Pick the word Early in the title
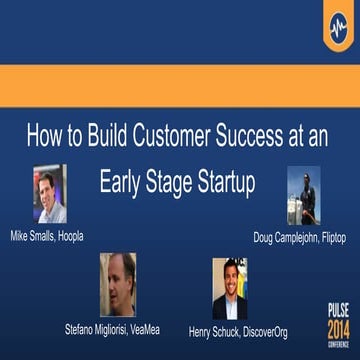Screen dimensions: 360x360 pos(122,183)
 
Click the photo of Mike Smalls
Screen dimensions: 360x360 pos(49,194)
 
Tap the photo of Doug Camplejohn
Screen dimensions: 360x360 pos(303,195)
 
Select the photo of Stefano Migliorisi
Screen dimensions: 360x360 pos(117,284)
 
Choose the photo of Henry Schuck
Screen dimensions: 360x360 pos(229,288)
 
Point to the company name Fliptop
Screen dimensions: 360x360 pos(329,238)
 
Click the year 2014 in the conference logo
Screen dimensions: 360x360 pos(339,329)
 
